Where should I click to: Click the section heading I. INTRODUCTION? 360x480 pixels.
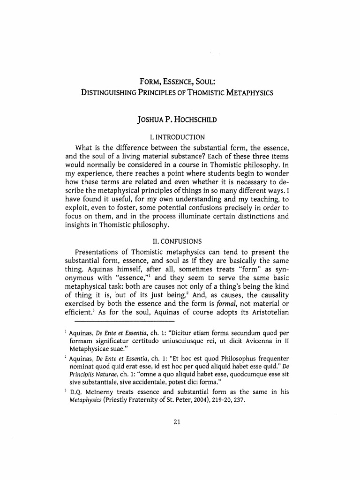click(175, 137)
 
